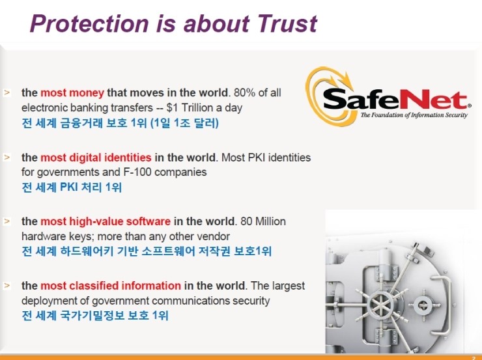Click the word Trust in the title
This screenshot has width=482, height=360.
tap(283, 24)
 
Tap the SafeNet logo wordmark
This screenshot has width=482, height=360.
tap(395, 98)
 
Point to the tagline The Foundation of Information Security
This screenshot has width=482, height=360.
tap(415, 115)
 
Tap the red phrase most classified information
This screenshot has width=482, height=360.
tap(111, 286)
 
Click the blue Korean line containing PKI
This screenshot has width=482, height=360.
tap(72, 187)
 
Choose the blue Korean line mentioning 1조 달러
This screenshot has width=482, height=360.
tap(120, 122)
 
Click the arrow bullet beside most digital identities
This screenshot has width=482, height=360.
tap(7, 158)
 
